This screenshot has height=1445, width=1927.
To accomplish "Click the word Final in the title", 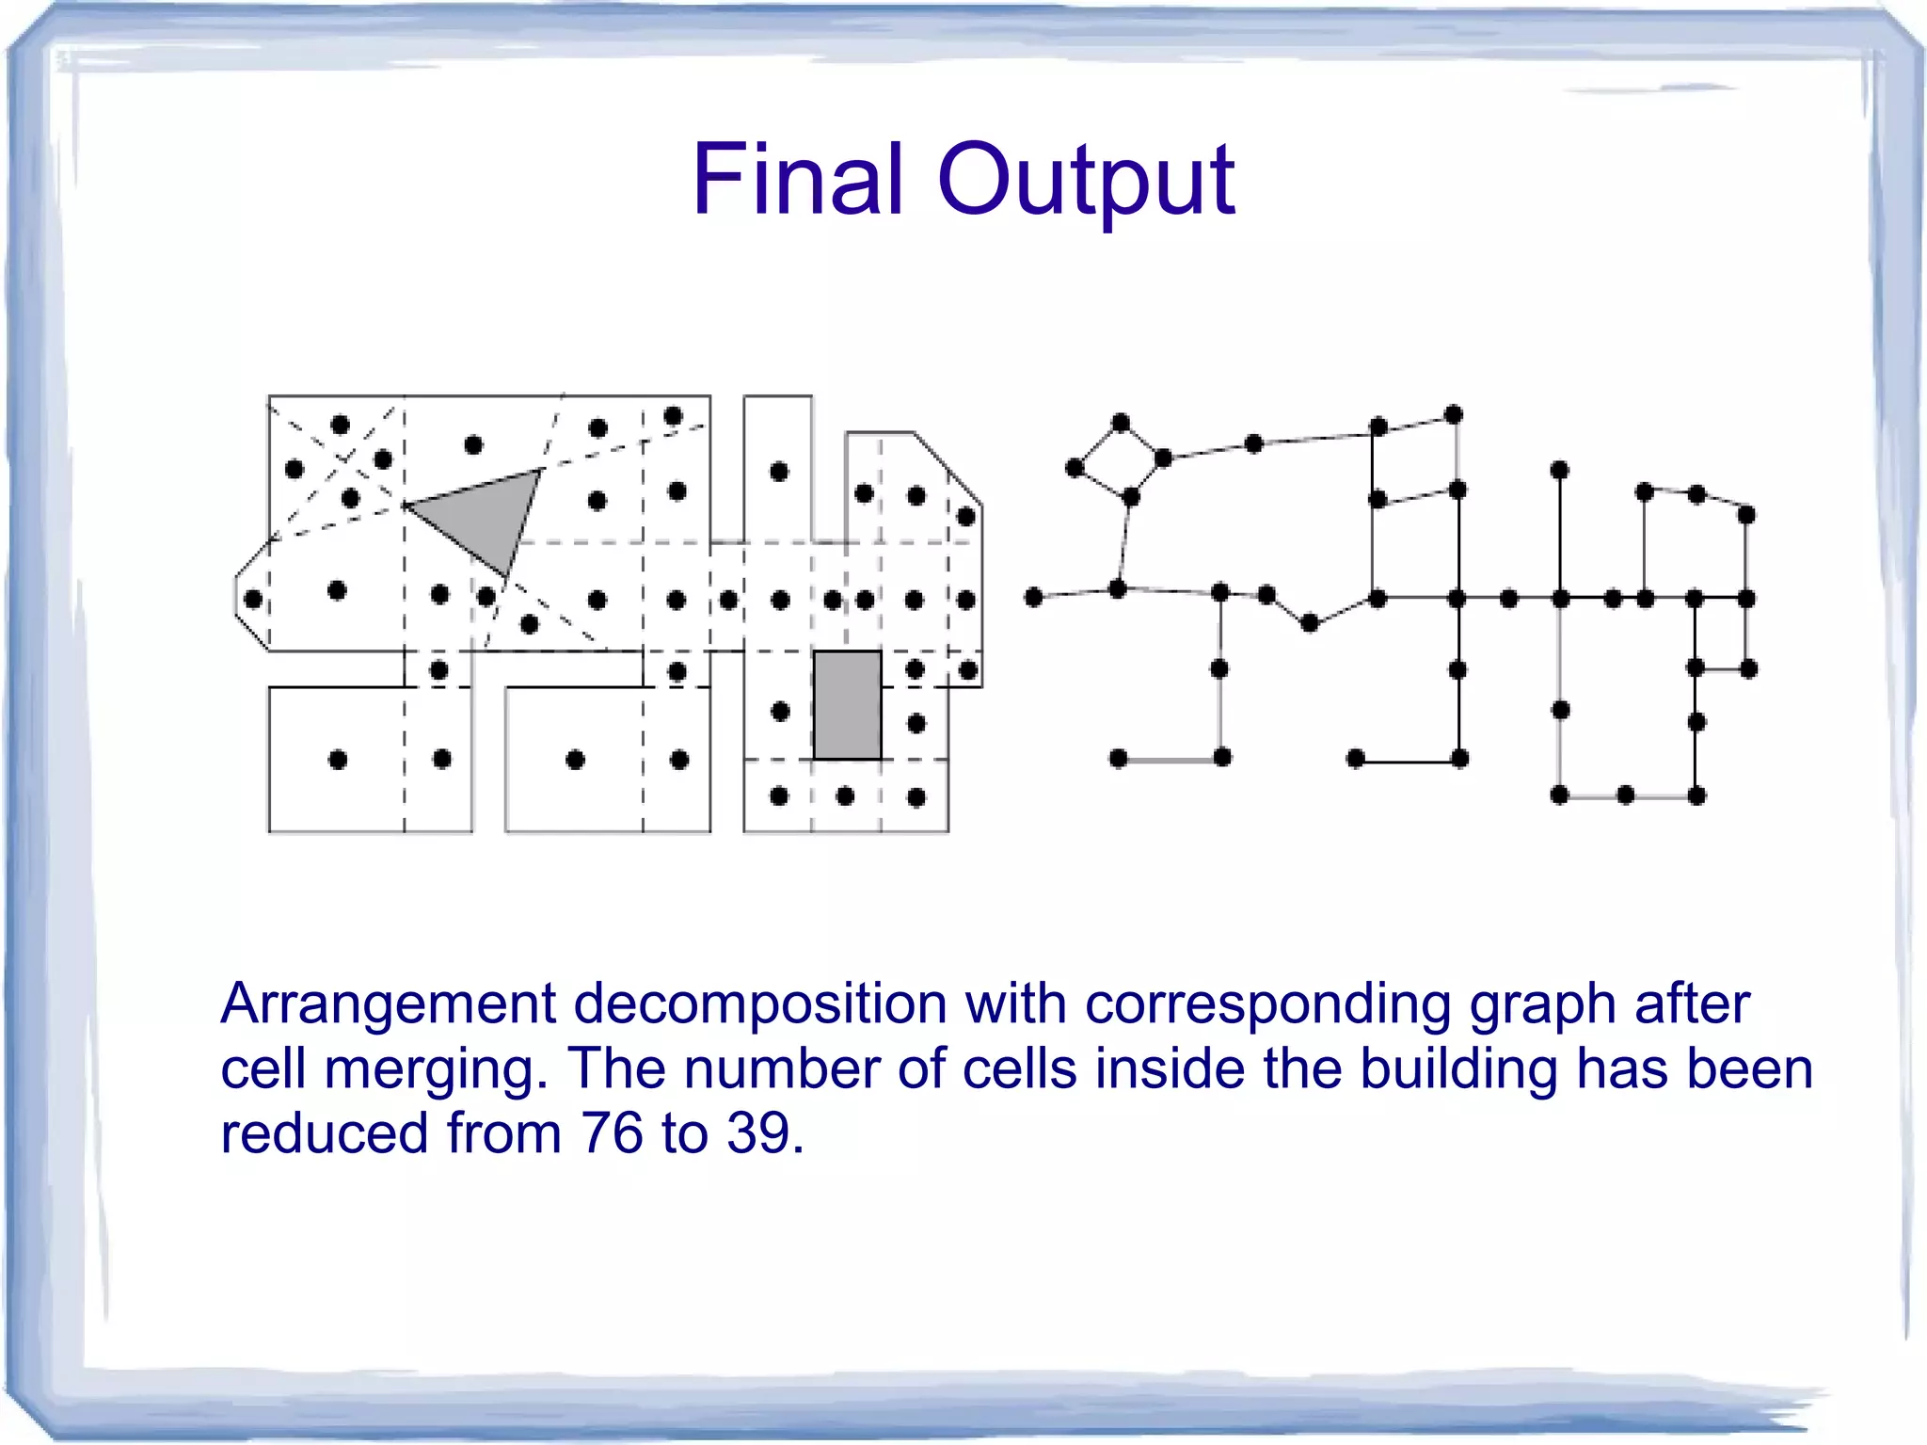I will tap(798, 179).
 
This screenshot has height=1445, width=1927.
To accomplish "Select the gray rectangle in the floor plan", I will tap(847, 704).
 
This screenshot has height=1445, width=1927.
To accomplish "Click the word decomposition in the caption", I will tap(760, 1004).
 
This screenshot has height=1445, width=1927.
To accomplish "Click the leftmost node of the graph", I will tap(1033, 597).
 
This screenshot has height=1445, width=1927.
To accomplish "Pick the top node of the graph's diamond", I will tap(1120, 423).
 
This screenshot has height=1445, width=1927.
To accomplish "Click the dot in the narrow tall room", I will tap(778, 472).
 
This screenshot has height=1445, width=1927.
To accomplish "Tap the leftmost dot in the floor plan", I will tap(252, 600).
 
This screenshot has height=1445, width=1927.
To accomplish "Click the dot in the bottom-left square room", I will tap(338, 760).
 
